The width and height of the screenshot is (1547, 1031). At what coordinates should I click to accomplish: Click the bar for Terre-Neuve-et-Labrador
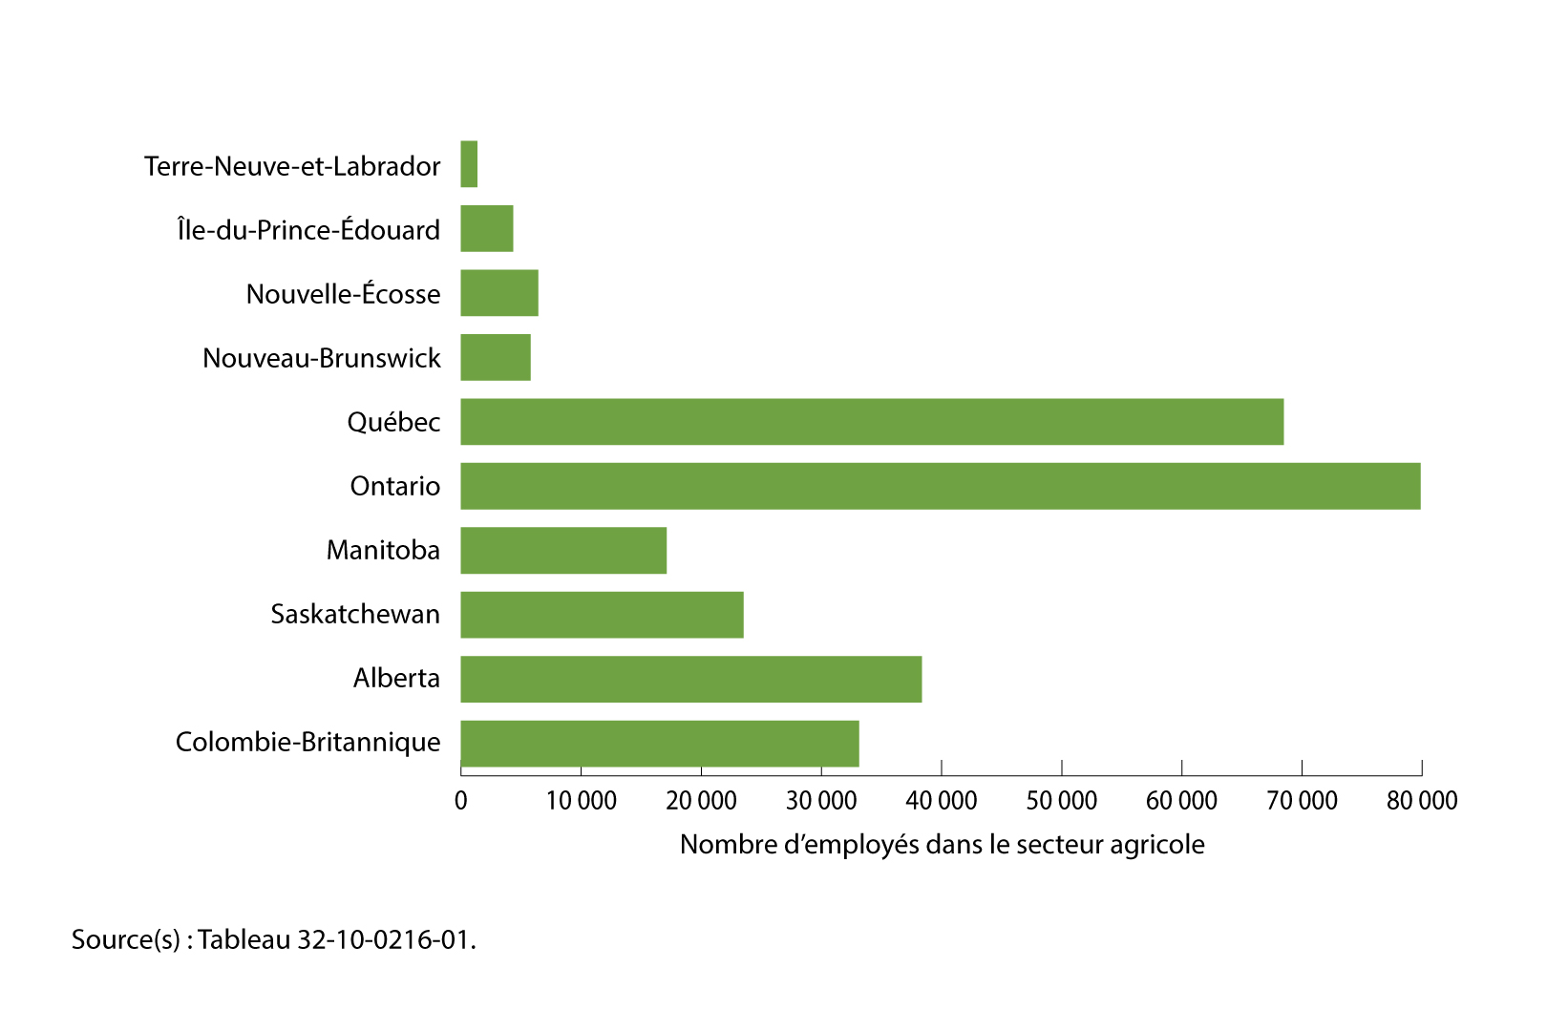coord(469,164)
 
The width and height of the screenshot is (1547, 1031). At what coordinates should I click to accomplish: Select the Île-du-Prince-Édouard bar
coord(487,229)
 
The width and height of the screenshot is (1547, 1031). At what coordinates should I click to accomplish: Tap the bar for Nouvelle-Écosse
coord(499,293)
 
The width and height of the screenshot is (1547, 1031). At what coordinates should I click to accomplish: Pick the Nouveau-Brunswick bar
coord(496,357)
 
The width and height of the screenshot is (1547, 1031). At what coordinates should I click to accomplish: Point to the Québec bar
coord(872,422)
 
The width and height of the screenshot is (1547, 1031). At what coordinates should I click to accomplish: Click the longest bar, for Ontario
coord(941,486)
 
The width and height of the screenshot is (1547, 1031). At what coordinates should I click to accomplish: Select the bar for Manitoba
coord(563,550)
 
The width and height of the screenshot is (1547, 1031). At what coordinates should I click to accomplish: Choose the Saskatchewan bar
coord(602,615)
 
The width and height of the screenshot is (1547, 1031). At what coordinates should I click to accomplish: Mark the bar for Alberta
coord(691,679)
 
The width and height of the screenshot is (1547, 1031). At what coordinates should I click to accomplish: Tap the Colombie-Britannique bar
coord(660,744)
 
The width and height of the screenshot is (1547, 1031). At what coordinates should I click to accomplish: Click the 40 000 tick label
coord(942,800)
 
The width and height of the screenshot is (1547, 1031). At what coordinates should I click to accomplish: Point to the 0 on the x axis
coord(461,800)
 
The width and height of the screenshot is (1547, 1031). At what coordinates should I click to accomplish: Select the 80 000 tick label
coord(1422,800)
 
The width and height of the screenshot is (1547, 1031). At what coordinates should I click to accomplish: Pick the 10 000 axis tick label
coord(581,800)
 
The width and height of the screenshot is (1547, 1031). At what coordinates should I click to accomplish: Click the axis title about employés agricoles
coord(942,845)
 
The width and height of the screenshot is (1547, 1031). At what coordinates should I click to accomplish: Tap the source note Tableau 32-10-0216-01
coord(274,939)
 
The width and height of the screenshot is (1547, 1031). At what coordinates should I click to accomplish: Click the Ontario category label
coord(395,486)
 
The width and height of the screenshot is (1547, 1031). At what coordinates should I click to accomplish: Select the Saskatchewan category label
coord(355,614)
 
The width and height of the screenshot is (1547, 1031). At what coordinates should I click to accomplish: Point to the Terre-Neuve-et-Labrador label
coord(292,166)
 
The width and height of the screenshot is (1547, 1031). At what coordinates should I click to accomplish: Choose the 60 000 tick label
coord(1181,800)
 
